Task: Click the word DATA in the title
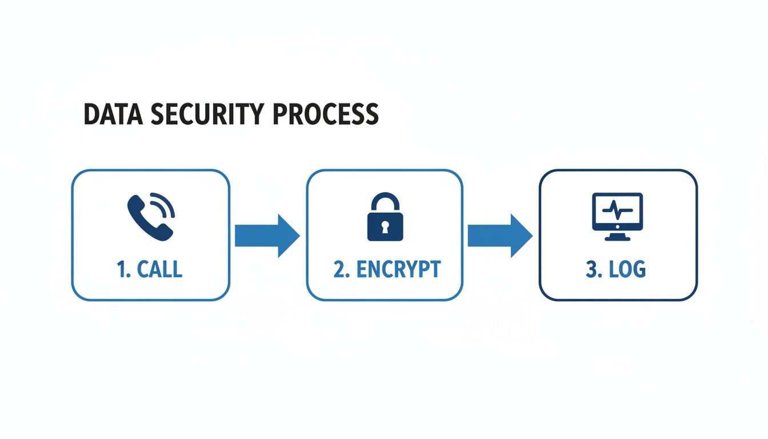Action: (112, 114)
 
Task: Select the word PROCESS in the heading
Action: (325, 114)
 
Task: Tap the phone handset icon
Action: (146, 218)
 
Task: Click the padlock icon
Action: (385, 217)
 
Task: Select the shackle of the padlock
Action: (385, 202)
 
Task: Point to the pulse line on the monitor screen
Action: (618, 210)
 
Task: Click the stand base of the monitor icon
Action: (618, 237)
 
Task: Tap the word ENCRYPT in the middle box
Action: (398, 269)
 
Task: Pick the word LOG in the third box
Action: (627, 269)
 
